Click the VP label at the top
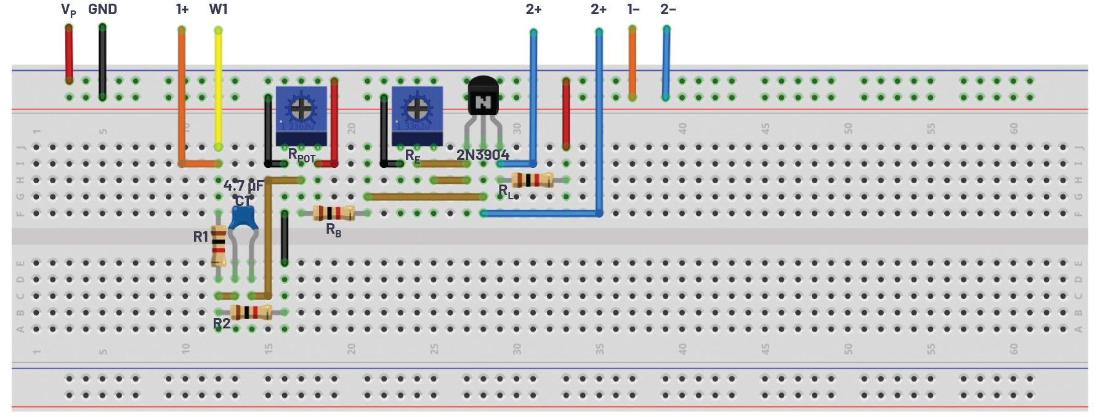coord(68,10)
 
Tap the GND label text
coord(102,9)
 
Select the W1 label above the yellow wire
coord(218,9)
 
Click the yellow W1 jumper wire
coord(218,86)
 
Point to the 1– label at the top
coord(633,9)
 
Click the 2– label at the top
coord(668,9)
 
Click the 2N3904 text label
coord(482,155)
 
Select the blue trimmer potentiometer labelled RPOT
coord(301,114)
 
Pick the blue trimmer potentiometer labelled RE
coord(417,114)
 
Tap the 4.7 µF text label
coord(243,185)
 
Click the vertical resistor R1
coord(218,245)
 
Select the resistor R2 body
coord(250,312)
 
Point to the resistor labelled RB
coord(333,213)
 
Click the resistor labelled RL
coord(533,180)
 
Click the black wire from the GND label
coord(102,62)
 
